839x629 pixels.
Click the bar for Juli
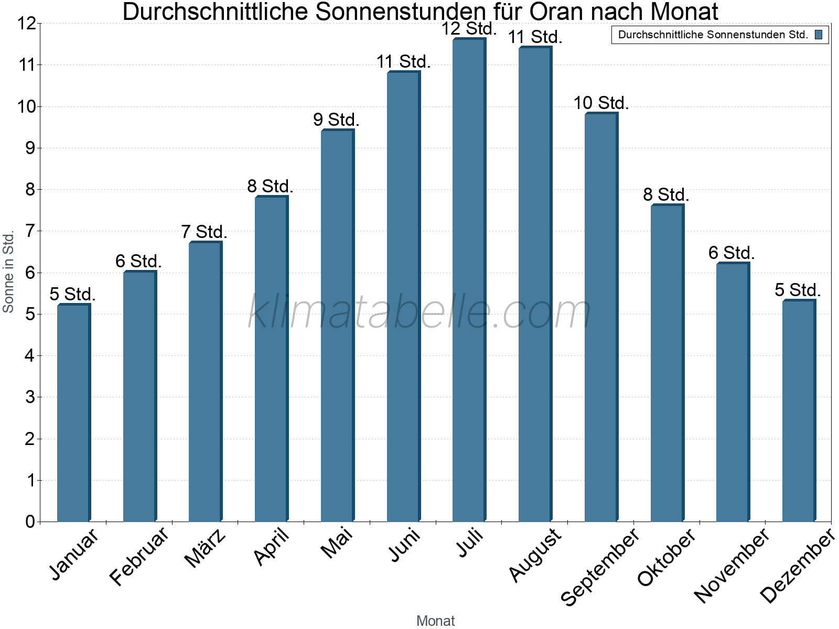[x=469, y=280]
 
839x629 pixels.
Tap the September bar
[x=601, y=317]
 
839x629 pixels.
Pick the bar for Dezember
[x=799, y=411]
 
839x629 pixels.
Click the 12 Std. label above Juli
[x=468, y=29]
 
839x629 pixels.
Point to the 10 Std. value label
[x=601, y=103]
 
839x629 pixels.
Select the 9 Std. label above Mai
[x=336, y=120]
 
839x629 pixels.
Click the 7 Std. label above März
[x=204, y=232]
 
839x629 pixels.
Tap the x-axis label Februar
[x=139, y=556]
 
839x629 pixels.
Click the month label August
[x=535, y=555]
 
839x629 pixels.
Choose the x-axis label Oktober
[x=666, y=557]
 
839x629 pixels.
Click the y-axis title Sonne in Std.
[x=8, y=273]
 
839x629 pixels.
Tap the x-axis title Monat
[x=435, y=621]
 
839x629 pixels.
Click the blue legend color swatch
[x=819, y=35]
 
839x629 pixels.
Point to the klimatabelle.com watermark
[x=419, y=312]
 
